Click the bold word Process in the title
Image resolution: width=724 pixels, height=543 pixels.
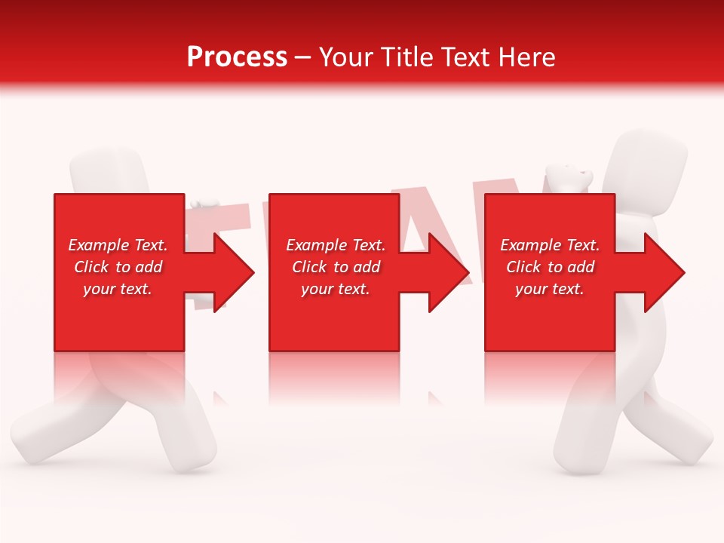237,57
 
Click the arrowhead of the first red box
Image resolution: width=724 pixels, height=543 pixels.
233,272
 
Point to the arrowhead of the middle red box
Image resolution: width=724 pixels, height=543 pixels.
448,272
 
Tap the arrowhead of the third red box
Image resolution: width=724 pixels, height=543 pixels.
664,272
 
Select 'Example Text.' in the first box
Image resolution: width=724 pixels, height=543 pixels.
118,245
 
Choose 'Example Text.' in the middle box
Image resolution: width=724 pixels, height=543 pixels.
336,245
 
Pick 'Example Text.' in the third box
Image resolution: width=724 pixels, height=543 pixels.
550,245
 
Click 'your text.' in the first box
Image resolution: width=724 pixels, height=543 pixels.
118,289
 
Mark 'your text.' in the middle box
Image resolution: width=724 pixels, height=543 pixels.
336,289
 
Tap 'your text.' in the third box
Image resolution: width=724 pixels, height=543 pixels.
550,289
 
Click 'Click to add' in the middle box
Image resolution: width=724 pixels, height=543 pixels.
336,267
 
